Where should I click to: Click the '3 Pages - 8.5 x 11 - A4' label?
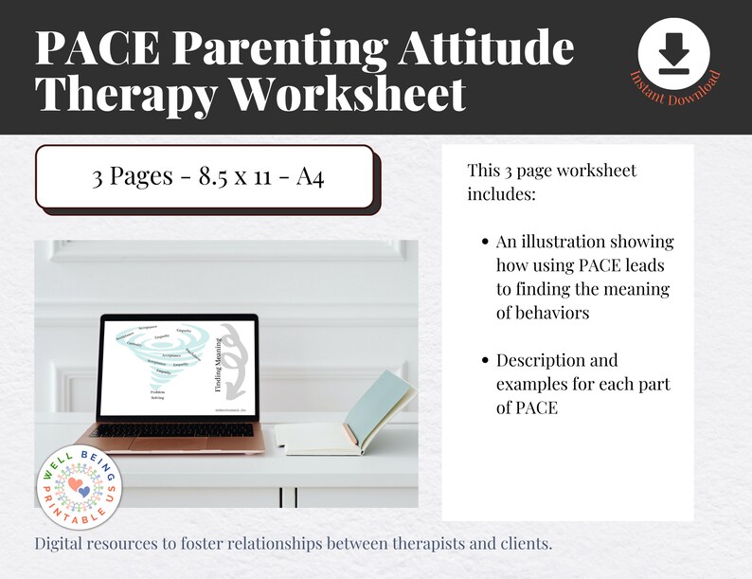tap(207, 177)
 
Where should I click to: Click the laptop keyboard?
tap(176, 431)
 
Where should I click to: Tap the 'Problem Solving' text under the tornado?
tap(157, 395)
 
